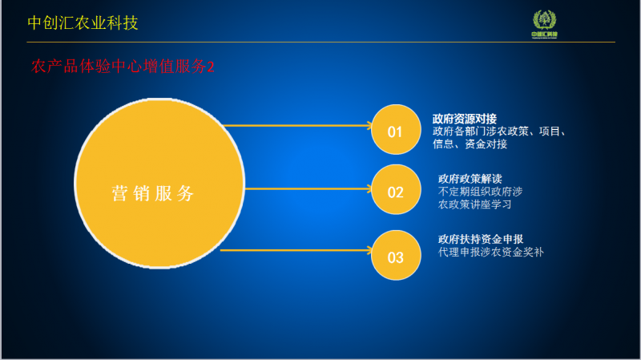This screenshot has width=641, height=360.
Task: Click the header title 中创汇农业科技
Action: coord(83,23)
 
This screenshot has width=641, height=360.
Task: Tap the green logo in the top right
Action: coord(545,24)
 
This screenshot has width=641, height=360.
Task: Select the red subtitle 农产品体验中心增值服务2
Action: coord(123,67)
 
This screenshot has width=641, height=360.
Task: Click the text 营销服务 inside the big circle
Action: coord(152,193)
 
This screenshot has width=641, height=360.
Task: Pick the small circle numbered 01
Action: coord(396,130)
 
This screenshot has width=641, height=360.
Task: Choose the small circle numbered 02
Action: coord(396,189)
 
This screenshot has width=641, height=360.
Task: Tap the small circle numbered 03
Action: coord(396,255)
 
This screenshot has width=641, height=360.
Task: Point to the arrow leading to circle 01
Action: coord(297,125)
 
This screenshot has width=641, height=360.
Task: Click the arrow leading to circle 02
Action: coord(308,188)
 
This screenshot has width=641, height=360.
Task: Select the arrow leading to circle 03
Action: coord(296,250)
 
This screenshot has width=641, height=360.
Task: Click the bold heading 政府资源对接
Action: coord(465,119)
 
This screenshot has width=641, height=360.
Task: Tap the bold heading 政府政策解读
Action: coord(470,179)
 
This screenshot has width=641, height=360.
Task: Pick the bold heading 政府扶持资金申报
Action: coord(481,239)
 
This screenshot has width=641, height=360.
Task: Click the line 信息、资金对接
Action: coord(470,144)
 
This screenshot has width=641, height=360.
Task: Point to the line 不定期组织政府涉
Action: coord(480,192)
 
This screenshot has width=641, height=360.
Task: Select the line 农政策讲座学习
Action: coord(475,204)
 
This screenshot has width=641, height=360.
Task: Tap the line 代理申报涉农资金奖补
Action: coord(491,252)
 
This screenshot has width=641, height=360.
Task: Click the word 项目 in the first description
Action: coord(550,131)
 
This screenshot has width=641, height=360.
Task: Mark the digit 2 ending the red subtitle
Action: coord(211,67)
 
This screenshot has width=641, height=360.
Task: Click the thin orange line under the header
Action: coord(321,42)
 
